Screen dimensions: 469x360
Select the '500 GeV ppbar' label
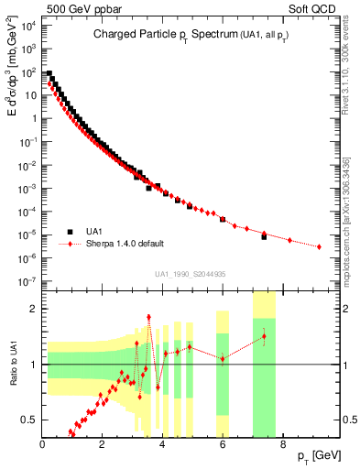73,9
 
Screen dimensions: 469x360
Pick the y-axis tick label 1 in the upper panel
34,118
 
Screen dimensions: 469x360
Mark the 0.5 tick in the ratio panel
31,420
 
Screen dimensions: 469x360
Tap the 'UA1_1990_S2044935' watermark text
191,273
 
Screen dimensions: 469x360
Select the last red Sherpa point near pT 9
319,246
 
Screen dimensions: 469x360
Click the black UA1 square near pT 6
223,220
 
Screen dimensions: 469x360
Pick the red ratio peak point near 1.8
148,317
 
